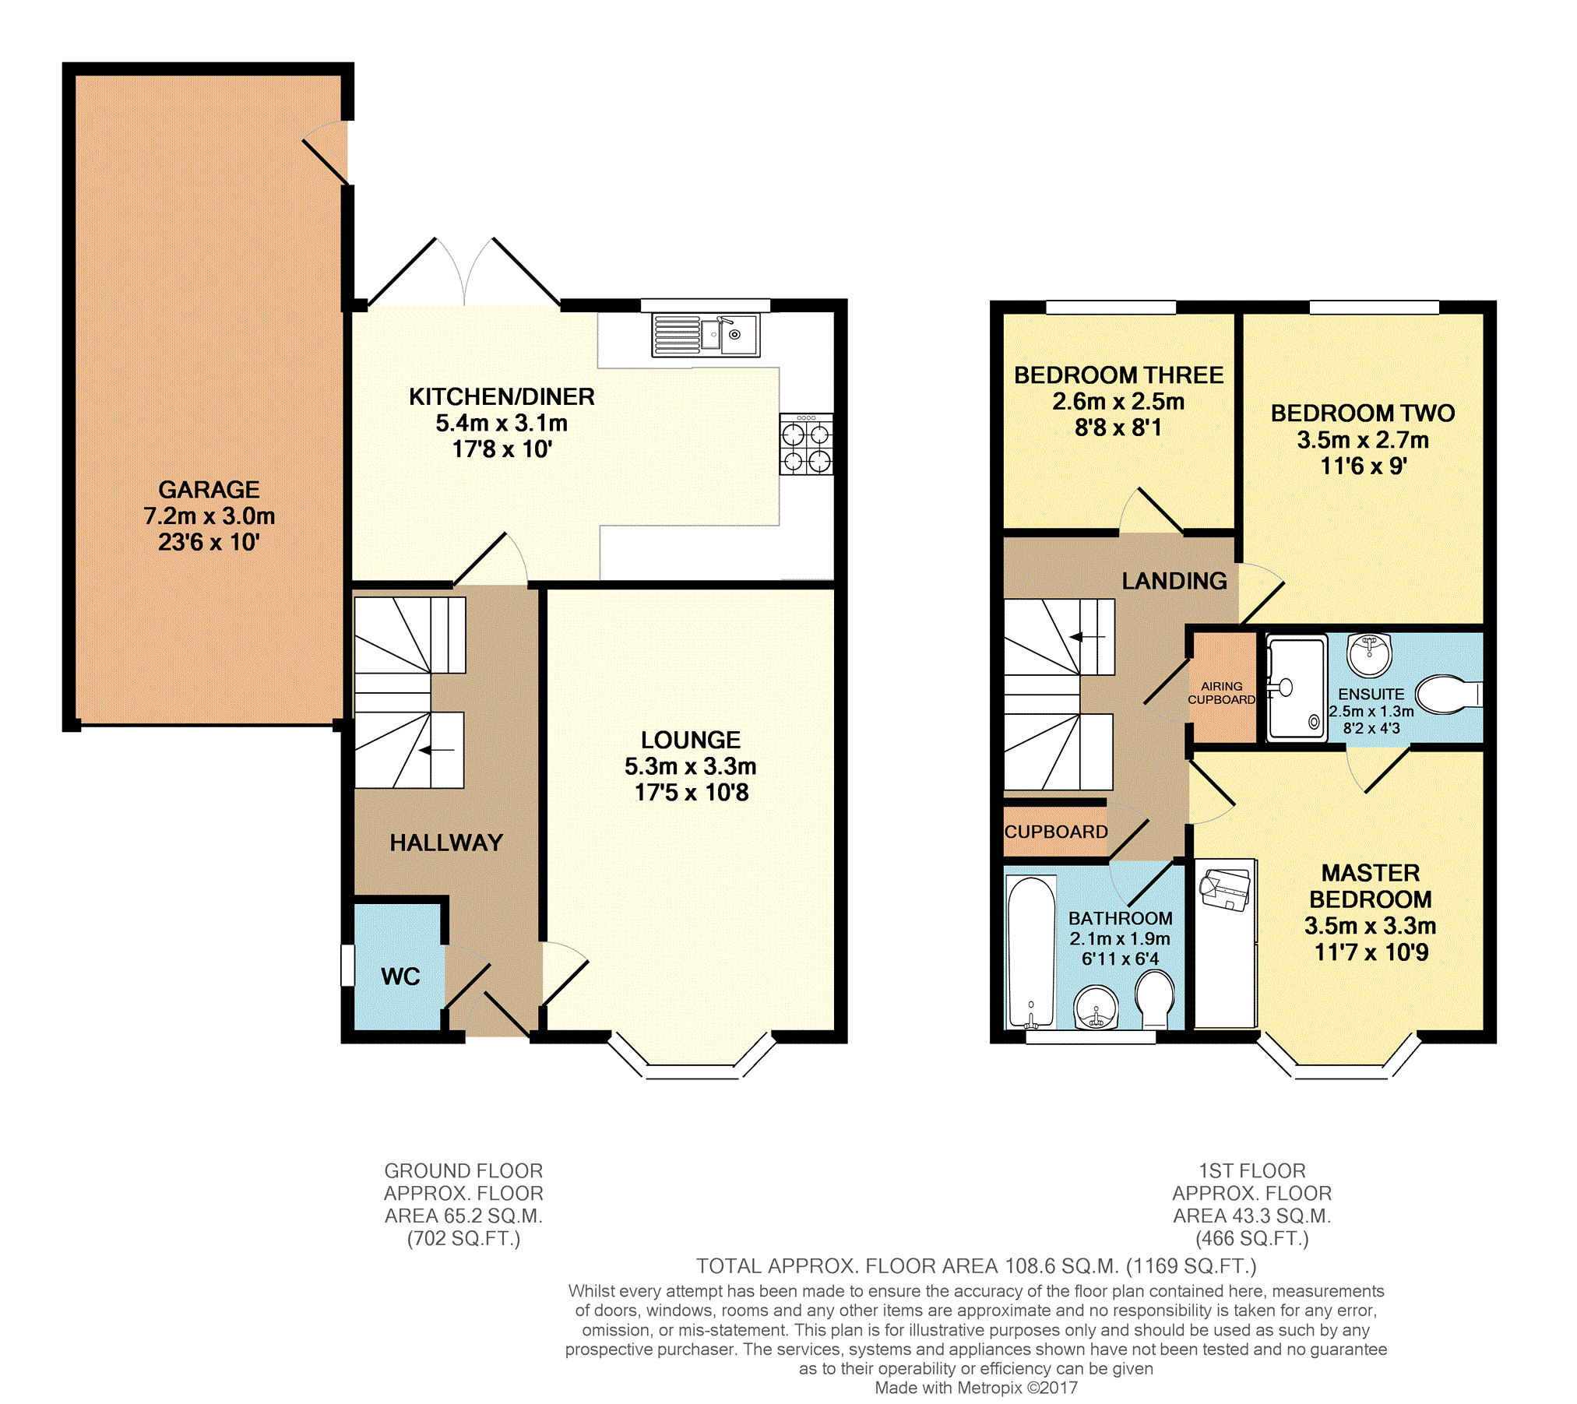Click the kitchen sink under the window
[x=706, y=335]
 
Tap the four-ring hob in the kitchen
[x=806, y=444]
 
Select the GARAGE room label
[x=209, y=489]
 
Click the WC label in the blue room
[x=400, y=976]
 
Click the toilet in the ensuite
[x=1449, y=693]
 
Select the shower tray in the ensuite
[x=1297, y=688]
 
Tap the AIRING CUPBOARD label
[x=1221, y=693]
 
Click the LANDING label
[x=1174, y=581]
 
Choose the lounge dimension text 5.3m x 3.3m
[x=690, y=766]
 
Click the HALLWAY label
[x=446, y=843]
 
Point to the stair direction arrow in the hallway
[x=437, y=751]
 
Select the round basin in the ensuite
[x=1369, y=655]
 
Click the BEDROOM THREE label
[x=1118, y=375]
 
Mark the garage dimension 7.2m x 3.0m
[x=209, y=516]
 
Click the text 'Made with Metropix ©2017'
[x=976, y=1388]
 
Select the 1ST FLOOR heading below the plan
[x=1251, y=1171]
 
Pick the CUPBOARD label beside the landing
[x=1056, y=832]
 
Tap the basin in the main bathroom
[x=1096, y=1008]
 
